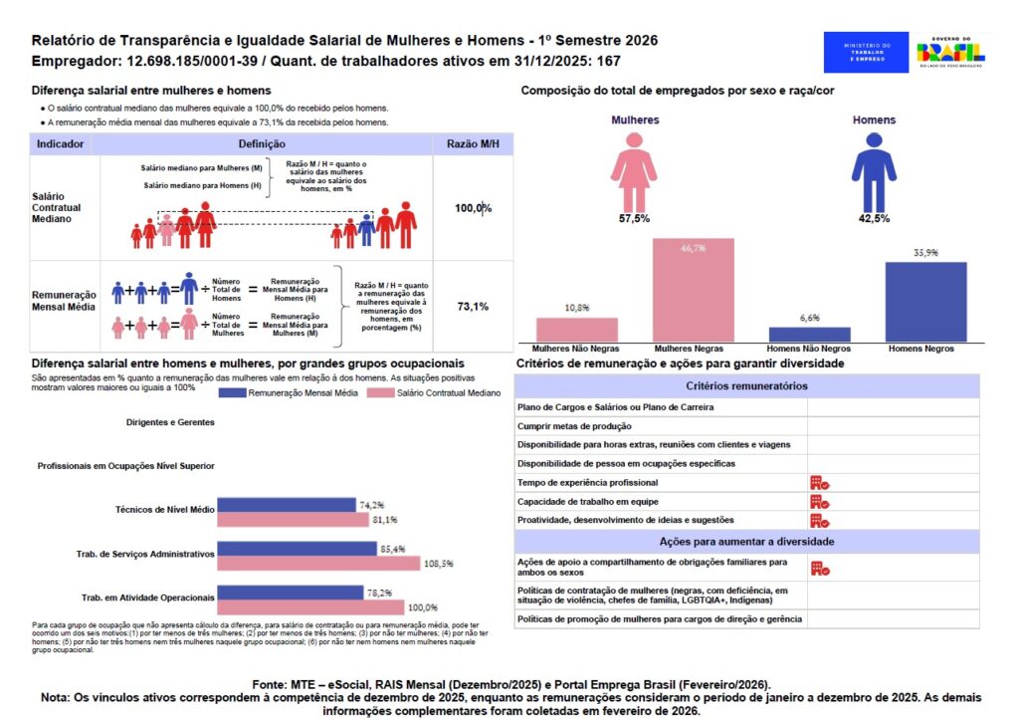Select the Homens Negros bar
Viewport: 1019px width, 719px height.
pos(925,303)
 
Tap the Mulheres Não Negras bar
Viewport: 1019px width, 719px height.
pos(576,330)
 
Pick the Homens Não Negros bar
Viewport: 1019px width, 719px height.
pos(809,335)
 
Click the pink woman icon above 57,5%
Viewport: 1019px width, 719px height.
pos(634,170)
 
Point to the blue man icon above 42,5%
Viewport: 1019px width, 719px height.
pos(873,170)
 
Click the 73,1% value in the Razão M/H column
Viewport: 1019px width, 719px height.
pos(472,307)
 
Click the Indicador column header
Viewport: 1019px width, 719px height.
pos(60,144)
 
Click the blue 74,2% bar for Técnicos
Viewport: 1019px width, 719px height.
pos(287,505)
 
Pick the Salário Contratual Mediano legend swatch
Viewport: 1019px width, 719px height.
pos(381,393)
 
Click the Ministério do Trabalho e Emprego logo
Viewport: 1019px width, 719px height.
pos(865,52)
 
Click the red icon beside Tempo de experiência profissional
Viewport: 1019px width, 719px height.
pos(820,482)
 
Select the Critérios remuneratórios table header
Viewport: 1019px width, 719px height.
pos(747,385)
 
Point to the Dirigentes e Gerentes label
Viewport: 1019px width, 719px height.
pos(170,422)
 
